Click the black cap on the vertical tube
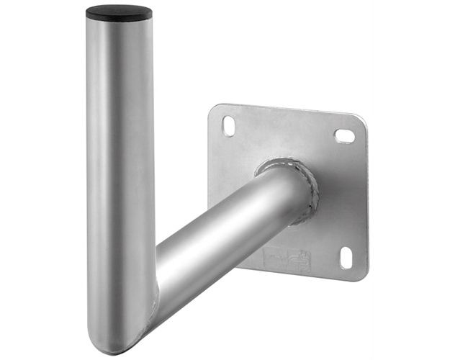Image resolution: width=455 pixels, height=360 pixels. coord(119,12)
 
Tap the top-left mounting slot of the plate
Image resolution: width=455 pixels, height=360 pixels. coord(228,126)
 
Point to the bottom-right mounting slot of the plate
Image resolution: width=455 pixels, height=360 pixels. coord(346,257)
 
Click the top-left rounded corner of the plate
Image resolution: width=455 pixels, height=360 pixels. coord(214,110)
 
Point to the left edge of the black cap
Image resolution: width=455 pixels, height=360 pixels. coord(88,13)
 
